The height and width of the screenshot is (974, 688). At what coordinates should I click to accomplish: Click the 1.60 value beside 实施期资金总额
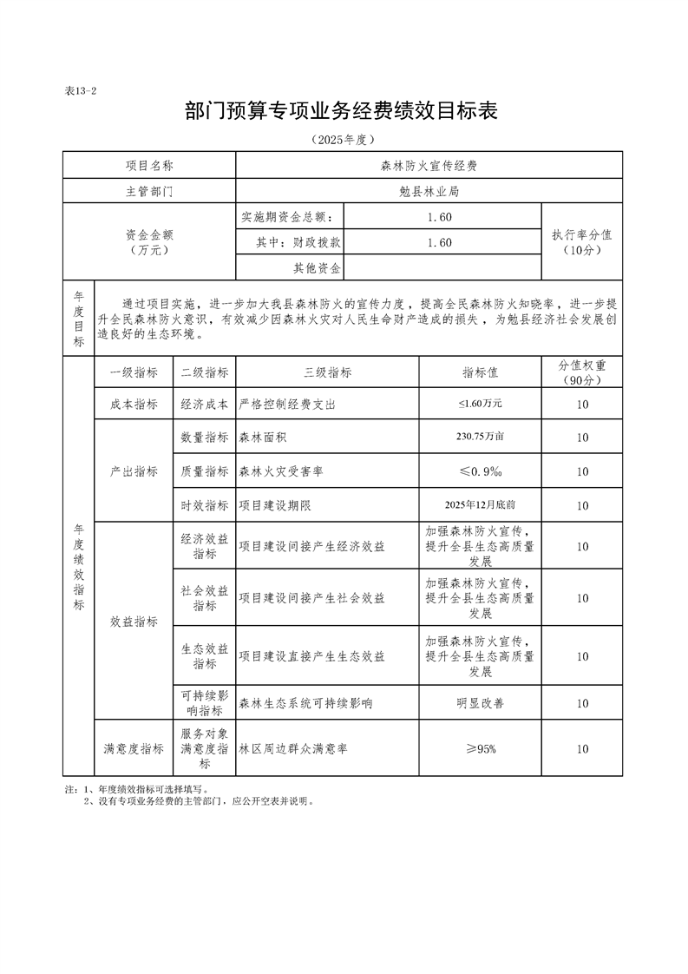[440, 216]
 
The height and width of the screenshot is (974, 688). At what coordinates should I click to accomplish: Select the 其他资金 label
[317, 268]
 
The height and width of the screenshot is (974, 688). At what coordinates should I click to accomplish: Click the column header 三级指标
[327, 372]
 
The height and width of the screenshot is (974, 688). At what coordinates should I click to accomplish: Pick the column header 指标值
[479, 372]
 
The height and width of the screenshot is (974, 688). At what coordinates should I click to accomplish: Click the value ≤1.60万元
[479, 405]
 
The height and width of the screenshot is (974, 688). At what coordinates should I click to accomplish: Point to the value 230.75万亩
[479, 438]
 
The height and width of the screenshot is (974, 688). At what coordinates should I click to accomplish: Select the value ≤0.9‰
[479, 471]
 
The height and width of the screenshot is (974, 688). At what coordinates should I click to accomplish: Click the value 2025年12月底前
[479, 505]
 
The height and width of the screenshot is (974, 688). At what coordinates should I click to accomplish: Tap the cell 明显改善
[479, 703]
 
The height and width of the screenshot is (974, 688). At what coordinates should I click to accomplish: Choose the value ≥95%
[479, 748]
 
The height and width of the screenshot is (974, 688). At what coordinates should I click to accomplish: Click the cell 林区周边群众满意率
[293, 748]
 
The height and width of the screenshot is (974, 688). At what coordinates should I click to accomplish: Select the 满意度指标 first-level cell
[134, 748]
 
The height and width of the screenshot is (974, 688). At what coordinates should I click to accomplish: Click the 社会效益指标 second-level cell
[205, 598]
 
